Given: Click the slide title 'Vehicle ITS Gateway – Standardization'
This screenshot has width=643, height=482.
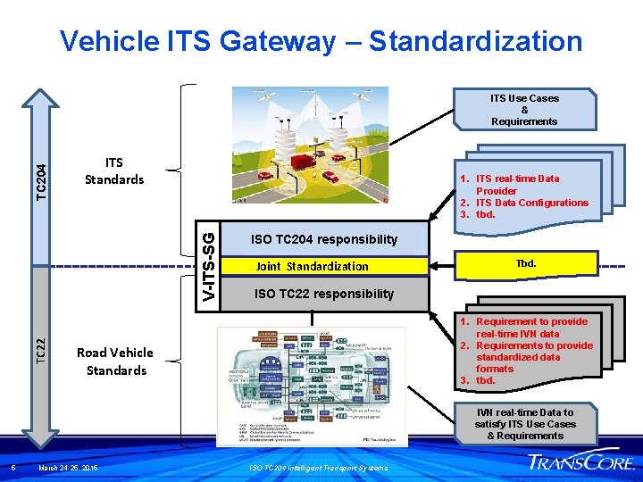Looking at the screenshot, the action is [x=321, y=41].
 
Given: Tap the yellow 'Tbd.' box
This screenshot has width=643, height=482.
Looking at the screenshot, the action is [x=525, y=264].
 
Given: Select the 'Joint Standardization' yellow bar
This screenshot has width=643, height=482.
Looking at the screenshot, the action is [x=312, y=266].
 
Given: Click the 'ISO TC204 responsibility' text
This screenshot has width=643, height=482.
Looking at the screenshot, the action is [x=323, y=239].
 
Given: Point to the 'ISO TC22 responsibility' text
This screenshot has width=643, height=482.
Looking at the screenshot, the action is [x=323, y=294].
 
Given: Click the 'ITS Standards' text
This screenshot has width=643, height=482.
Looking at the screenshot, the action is [x=113, y=171].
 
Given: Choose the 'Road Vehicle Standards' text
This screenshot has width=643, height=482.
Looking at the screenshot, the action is [x=116, y=361].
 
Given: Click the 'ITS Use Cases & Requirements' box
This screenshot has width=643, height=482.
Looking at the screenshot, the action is [x=524, y=110].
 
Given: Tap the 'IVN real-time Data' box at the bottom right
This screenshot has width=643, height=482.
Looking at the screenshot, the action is [x=525, y=424].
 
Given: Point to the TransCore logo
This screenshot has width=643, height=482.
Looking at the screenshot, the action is [x=581, y=461].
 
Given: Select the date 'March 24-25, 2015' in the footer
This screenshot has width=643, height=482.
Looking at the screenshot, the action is [x=69, y=469].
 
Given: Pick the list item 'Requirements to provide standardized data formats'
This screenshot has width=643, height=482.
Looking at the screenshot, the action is [x=534, y=357].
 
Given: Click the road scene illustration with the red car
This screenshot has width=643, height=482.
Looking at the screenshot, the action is [x=310, y=145].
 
